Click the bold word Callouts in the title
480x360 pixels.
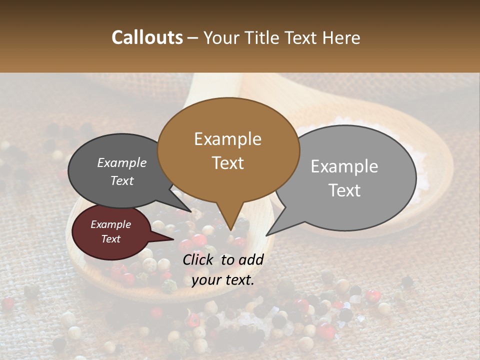[147, 37]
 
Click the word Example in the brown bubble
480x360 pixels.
[228, 139]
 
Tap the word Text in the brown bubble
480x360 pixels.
[228, 163]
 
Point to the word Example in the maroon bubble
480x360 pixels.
[111, 224]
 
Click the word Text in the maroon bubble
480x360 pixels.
[111, 239]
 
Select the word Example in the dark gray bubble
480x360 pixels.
[122, 163]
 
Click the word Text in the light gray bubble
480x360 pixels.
[344, 190]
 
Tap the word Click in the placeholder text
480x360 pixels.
[198, 259]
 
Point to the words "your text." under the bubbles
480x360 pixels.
[223, 280]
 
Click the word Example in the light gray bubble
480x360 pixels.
[344, 166]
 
